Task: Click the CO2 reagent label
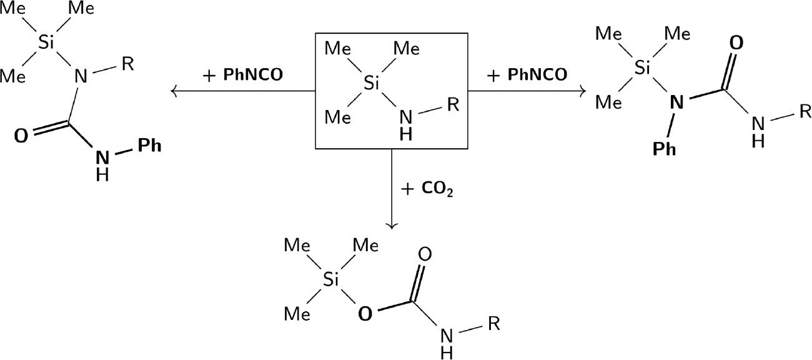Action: tap(437, 189)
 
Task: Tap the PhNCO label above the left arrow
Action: tap(253, 75)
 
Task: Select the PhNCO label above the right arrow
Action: tap(537, 75)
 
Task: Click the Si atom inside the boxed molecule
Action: tap(371, 83)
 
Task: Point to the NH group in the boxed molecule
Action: tap(406, 125)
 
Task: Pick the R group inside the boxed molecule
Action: tap(453, 104)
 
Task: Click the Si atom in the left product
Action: tap(46, 43)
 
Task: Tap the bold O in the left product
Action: tap(21, 136)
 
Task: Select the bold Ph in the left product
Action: tap(149, 146)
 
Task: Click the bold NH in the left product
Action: tap(102, 166)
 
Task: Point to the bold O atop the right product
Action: tap(736, 43)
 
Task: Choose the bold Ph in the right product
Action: tap(664, 149)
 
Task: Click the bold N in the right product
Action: tap(676, 102)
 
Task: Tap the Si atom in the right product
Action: tap(642, 68)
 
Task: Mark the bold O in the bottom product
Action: tap(365, 314)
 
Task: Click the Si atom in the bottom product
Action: tap(330, 279)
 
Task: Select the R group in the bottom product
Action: tap(493, 323)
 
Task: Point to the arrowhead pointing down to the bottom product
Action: tap(392, 226)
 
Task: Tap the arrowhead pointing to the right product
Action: tap(583, 91)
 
